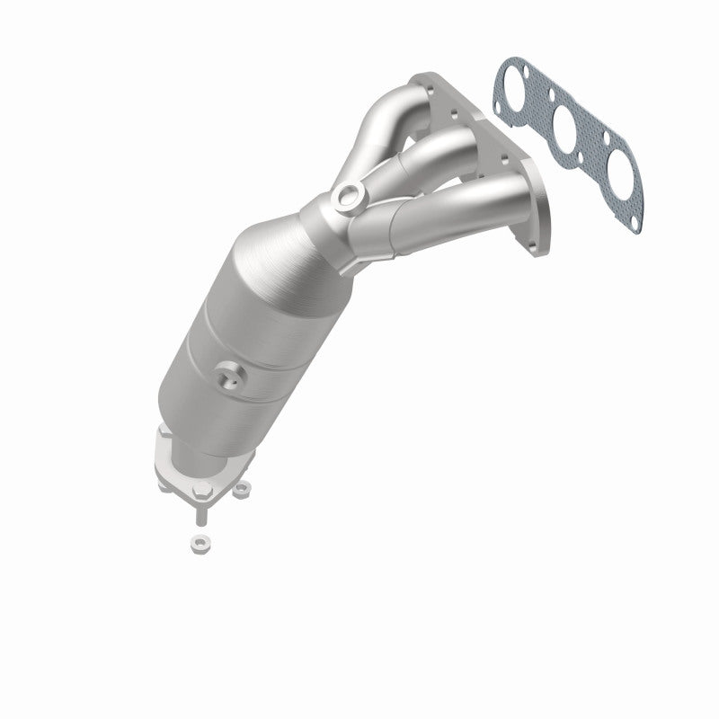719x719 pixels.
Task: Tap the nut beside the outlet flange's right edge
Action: [241, 490]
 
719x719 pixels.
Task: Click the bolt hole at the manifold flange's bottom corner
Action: [537, 213]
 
